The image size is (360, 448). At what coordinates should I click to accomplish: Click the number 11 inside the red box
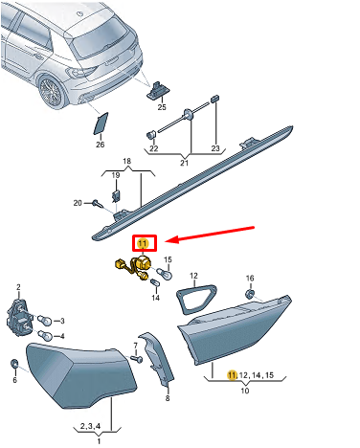143,244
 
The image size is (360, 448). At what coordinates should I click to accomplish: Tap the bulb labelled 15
165,273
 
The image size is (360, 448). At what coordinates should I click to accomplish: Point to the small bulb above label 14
155,283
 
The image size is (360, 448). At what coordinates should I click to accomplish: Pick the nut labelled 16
249,294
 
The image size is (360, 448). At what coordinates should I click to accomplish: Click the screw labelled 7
138,359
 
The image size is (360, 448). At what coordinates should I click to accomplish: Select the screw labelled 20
97,203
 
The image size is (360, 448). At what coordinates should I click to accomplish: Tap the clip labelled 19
116,196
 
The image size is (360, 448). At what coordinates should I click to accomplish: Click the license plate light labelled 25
158,90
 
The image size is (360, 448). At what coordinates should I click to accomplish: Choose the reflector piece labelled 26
101,123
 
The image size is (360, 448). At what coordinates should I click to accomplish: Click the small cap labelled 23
215,98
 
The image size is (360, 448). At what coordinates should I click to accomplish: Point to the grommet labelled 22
151,134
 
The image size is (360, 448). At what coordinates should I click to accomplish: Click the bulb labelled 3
44,320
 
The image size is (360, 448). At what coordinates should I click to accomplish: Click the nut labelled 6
14,364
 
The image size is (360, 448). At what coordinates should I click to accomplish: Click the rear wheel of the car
51,91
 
